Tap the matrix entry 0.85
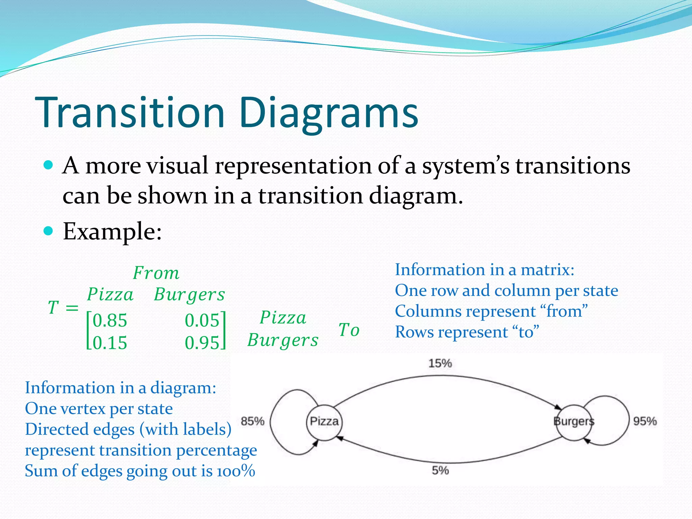coord(110,320)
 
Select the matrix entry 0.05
coord(202,320)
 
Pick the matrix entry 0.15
coord(110,343)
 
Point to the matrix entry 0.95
coord(202,343)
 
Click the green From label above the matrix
coord(156,273)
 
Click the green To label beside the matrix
coord(349,330)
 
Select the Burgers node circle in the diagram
coord(574,422)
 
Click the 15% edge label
coord(440,364)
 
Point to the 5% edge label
coord(440,470)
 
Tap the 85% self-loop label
coord(252,421)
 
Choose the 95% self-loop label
coord(645,421)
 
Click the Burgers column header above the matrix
coord(189,295)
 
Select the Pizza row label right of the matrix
coord(283,318)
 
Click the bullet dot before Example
coord(49,231)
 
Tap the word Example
coord(112,232)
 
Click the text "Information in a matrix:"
coord(485,270)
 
